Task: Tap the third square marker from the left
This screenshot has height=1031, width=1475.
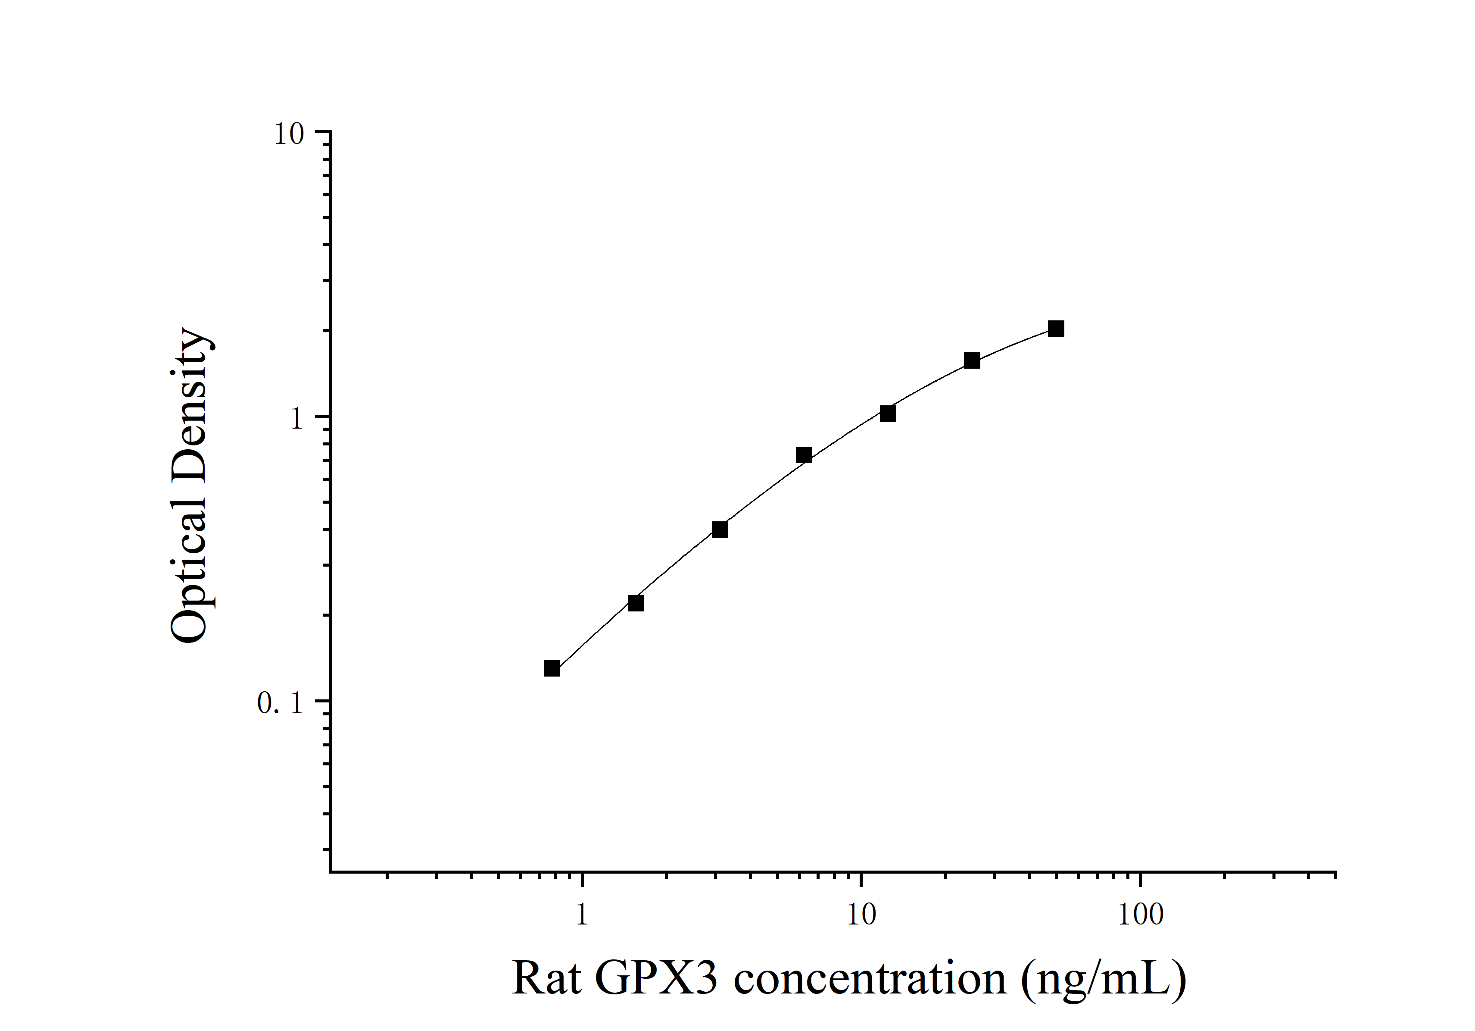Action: tap(720, 529)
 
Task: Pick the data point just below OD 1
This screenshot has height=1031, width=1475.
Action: tap(804, 455)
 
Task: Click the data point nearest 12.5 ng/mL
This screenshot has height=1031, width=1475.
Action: tap(888, 413)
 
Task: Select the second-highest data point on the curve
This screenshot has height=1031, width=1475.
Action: tap(972, 360)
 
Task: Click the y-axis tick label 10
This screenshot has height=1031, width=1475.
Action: tap(289, 135)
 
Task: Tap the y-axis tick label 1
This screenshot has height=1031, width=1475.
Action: tap(296, 419)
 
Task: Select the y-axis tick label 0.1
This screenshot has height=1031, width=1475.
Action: tap(280, 704)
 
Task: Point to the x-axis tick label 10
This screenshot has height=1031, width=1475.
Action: tap(861, 915)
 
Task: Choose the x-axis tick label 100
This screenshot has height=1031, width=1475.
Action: tap(1140, 915)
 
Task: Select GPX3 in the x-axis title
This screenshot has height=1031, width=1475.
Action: tap(655, 978)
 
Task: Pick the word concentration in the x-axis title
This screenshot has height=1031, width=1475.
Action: tap(870, 978)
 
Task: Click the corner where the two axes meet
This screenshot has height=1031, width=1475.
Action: tap(330, 872)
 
